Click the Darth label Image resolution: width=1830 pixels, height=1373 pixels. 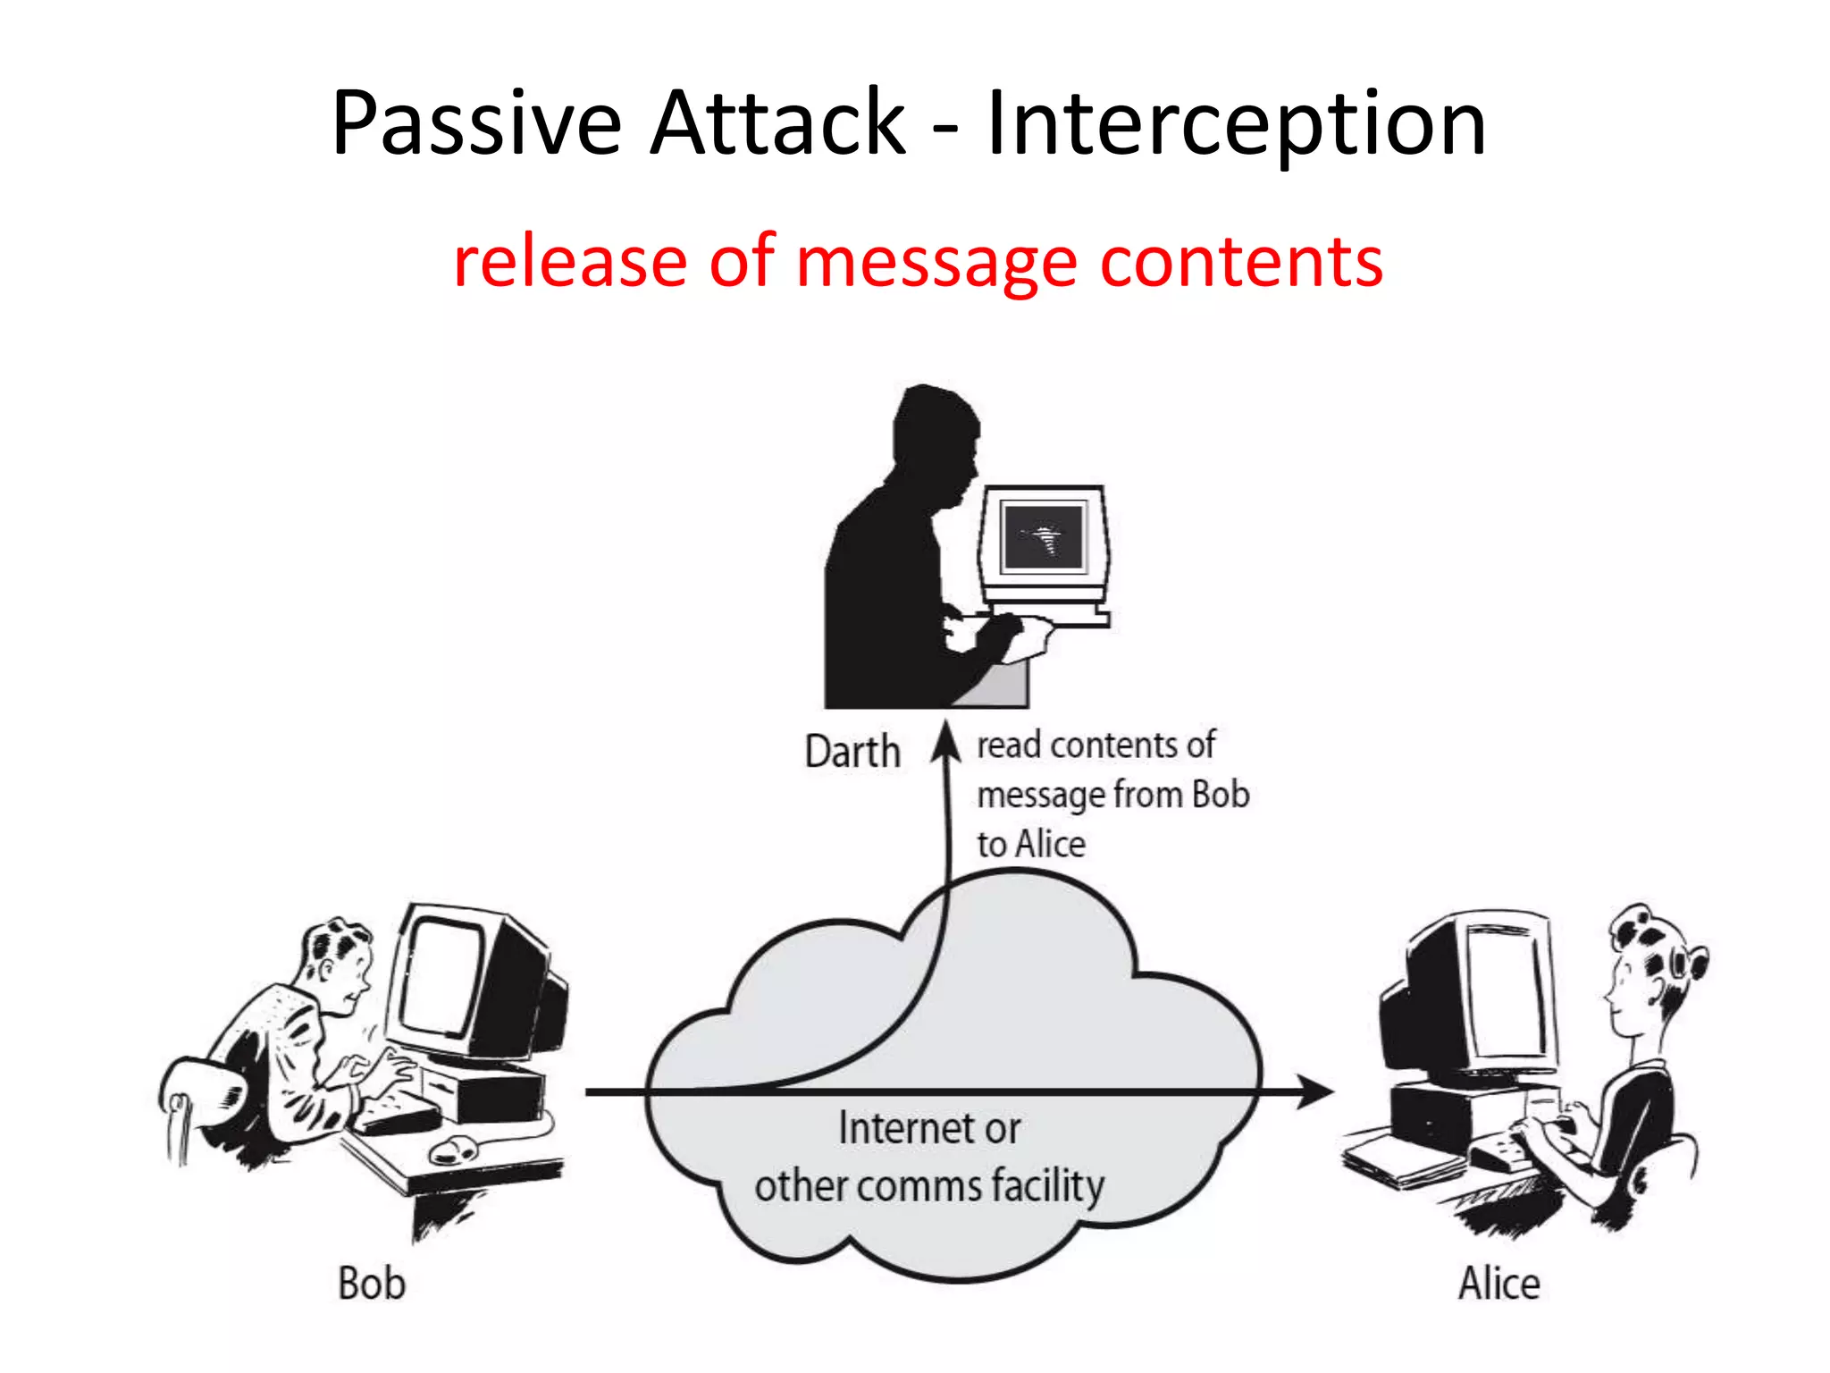click(x=852, y=752)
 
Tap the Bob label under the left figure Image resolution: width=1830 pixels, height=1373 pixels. click(x=372, y=1284)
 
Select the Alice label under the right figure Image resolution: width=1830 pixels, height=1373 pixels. click(x=1498, y=1284)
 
